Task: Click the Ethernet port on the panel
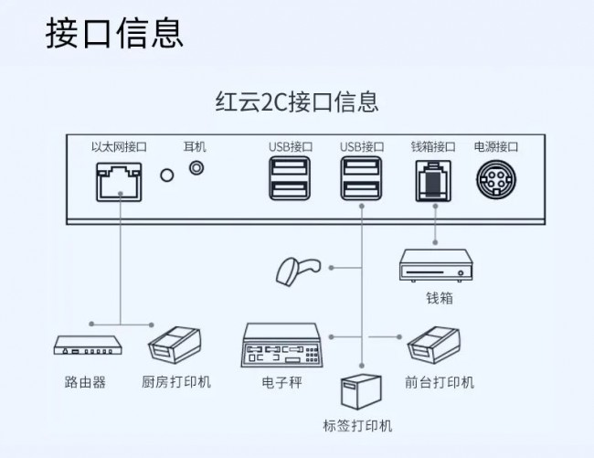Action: pos(119,182)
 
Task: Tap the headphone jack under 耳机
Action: pos(196,167)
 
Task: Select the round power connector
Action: pos(496,179)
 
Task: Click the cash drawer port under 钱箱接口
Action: pos(433,181)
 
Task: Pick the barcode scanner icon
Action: pos(298,271)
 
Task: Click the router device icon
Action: pos(88,345)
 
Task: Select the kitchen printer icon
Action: pos(175,345)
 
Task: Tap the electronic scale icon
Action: pos(282,346)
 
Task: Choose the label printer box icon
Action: pos(361,392)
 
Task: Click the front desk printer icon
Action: pos(434,346)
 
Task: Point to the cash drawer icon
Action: pos(436,265)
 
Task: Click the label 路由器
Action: pos(85,382)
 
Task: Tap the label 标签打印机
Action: pos(357,426)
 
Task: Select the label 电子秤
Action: pos(282,382)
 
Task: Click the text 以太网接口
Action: pos(119,146)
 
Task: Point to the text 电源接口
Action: pos(496,146)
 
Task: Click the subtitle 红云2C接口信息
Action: pos(297,101)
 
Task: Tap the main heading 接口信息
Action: pos(114,33)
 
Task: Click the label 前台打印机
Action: pos(440,382)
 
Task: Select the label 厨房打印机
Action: pos(176,381)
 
